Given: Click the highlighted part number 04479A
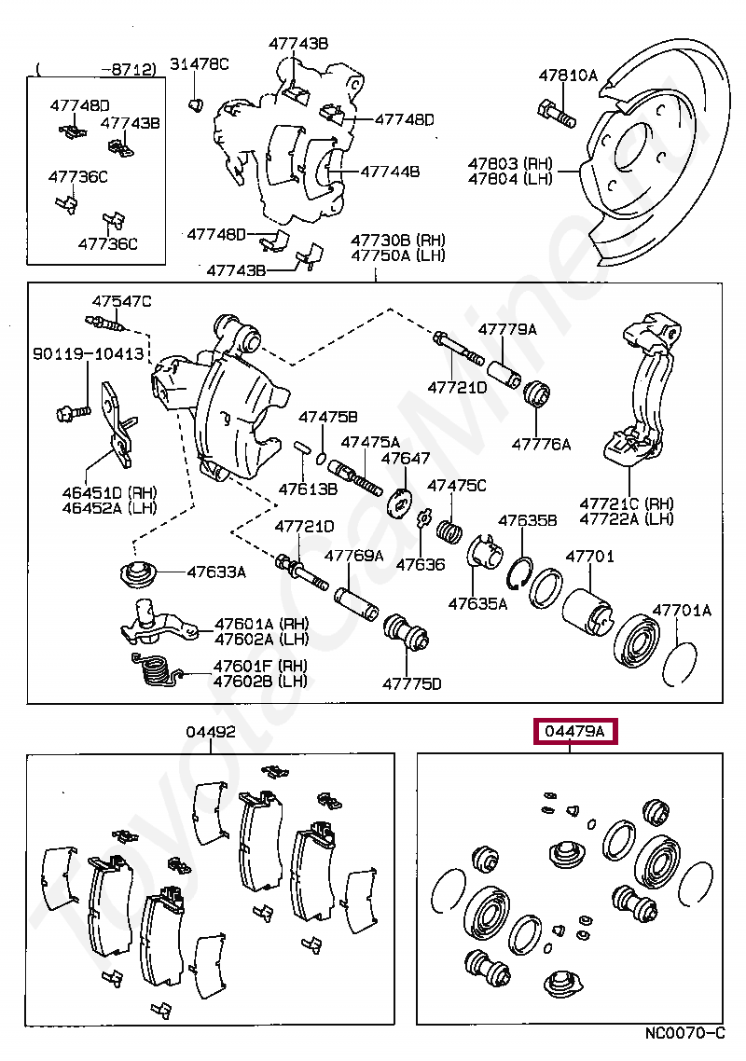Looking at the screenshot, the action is (574, 731).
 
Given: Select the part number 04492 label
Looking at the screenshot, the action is (211, 732).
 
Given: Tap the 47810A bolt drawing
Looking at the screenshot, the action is (557, 113).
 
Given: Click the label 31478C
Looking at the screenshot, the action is (199, 64).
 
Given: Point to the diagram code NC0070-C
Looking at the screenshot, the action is (684, 1033).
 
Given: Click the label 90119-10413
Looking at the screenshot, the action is (89, 353).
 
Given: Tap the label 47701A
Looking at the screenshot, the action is (682, 611).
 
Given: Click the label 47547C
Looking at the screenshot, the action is (122, 301).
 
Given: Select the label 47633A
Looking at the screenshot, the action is (216, 572).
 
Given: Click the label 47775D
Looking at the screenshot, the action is (411, 683).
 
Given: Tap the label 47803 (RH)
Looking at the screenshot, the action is (510, 163).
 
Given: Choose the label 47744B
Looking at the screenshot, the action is (390, 172).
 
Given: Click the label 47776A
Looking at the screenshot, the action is (541, 444).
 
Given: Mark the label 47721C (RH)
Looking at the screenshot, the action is (627, 503).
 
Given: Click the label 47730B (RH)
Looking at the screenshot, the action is (398, 241).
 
